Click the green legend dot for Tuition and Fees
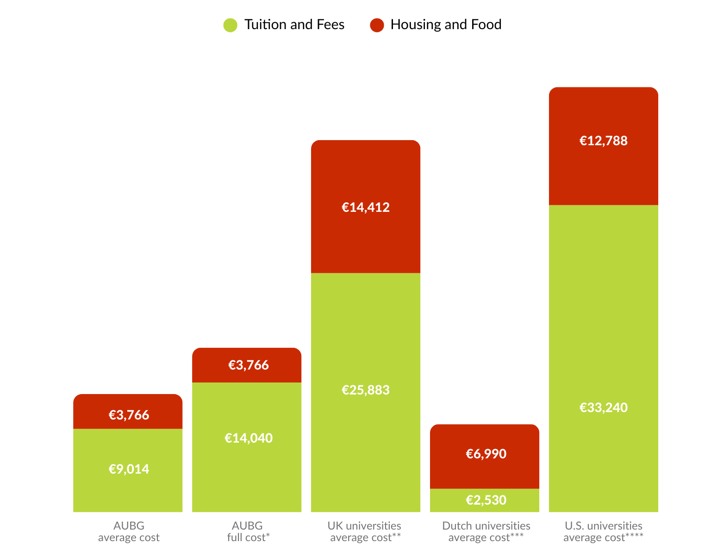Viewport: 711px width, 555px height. tap(230, 25)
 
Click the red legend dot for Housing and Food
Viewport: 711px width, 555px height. tap(377, 25)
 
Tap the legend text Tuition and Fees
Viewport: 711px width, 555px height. tap(294, 25)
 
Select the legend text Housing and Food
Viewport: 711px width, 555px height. tap(446, 25)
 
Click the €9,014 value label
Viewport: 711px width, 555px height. tap(129, 469)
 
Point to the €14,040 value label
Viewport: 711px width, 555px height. tap(249, 438)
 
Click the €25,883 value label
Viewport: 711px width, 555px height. tap(366, 390)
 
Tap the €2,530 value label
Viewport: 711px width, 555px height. tap(486, 500)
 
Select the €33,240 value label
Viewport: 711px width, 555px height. tap(603, 407)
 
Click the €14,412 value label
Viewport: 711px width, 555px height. tap(366, 207)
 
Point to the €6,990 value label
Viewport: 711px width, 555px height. tap(486, 454)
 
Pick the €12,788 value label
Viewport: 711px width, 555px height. tap(603, 141)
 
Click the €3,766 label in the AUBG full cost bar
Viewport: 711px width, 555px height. tap(249, 365)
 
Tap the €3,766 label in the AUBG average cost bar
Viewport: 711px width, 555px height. tap(129, 415)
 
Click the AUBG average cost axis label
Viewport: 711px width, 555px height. tap(129, 531)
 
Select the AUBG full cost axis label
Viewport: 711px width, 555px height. tap(249, 531)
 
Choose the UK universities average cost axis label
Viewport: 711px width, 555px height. tap(365, 531)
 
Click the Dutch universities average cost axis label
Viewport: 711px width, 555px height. tap(486, 531)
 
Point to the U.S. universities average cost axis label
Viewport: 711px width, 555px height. tap(603, 531)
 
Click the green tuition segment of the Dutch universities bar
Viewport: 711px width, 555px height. tap(484, 500)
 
